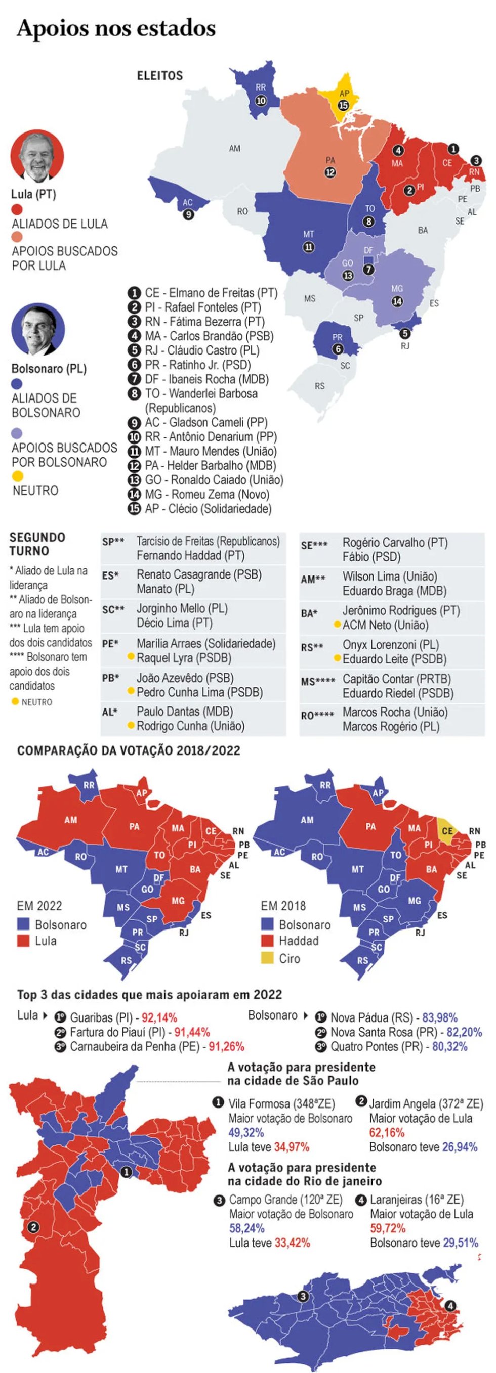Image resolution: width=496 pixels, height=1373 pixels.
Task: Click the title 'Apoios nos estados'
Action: (116, 29)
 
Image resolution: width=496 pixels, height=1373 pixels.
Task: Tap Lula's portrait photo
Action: (37, 156)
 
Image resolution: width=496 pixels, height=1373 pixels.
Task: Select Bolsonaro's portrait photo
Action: (38, 330)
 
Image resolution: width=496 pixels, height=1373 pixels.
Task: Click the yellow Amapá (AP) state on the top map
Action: (343, 98)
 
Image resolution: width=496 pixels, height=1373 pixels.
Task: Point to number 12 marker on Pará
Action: (330, 172)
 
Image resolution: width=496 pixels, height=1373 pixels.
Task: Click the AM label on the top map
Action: (235, 148)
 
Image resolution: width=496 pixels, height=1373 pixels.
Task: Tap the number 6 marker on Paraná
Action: (338, 349)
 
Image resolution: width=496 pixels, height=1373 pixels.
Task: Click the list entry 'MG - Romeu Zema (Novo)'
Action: (199, 495)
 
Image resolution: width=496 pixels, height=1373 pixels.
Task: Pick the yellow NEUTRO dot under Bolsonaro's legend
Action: (18, 476)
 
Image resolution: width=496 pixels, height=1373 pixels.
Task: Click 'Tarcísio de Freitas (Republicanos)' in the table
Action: (208, 542)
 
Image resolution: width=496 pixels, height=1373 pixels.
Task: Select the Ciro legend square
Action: (267, 958)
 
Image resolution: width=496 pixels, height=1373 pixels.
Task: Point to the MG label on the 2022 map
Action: (178, 900)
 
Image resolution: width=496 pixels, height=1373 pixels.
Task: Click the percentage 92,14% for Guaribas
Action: (159, 1017)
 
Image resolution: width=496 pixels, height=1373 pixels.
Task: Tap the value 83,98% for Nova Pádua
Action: (439, 1017)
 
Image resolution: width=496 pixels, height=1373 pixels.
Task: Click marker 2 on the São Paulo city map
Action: (33, 1227)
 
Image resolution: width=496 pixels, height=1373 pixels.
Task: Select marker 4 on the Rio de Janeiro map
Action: (450, 1306)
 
